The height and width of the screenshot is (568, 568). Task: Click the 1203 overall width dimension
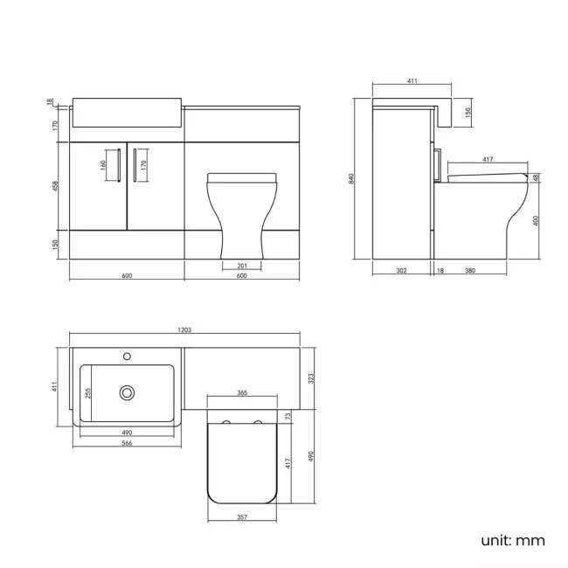[x=184, y=329]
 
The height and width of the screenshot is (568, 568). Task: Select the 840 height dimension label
[x=351, y=178]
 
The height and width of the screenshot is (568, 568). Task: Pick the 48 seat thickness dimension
[x=536, y=177]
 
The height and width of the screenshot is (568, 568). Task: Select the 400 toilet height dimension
[x=536, y=220]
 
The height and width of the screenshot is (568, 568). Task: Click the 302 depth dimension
[x=401, y=271]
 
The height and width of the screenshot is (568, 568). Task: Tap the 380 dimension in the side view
[x=470, y=271]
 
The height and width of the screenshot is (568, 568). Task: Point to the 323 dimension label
[x=310, y=378]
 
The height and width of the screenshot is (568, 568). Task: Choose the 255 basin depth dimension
[x=87, y=393]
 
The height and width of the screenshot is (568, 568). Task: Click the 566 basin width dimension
[x=127, y=443]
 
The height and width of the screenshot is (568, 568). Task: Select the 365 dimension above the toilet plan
[x=242, y=393]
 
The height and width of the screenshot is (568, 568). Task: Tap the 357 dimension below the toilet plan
[x=242, y=516]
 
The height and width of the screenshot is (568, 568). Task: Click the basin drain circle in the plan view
[x=128, y=393]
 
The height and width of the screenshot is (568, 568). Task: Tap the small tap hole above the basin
[x=128, y=356]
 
